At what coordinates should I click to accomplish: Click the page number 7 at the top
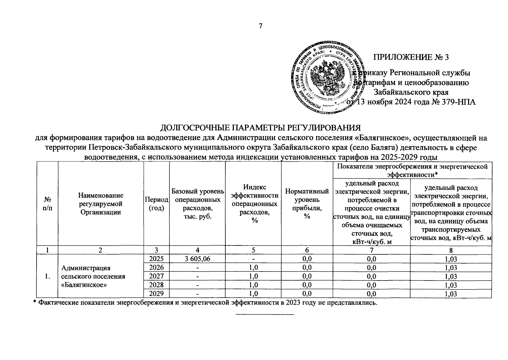(260, 26)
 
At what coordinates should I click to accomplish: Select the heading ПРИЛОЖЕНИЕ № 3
(411, 57)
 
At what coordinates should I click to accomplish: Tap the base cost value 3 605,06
(197, 259)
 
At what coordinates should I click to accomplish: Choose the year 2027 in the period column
(156, 276)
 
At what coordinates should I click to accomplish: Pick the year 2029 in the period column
(156, 293)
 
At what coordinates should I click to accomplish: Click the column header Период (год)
(156, 204)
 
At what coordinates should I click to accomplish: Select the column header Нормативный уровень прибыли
(307, 204)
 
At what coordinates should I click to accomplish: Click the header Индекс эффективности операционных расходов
(255, 204)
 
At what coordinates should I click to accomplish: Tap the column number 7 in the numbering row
(371, 250)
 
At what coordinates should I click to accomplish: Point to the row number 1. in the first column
(47, 276)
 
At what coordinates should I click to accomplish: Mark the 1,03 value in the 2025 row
(451, 259)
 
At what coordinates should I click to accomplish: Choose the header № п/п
(47, 204)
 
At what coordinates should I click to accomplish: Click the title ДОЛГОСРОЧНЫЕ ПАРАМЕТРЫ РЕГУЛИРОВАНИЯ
(260, 128)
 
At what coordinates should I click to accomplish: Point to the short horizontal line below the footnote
(265, 314)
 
